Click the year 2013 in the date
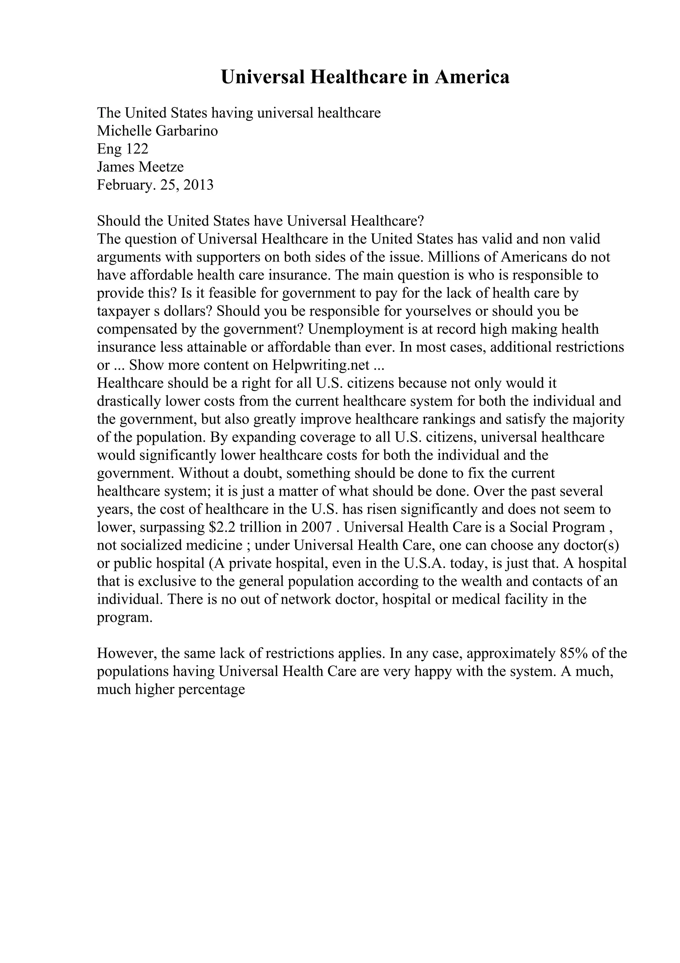[198, 185]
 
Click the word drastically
[129, 402]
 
